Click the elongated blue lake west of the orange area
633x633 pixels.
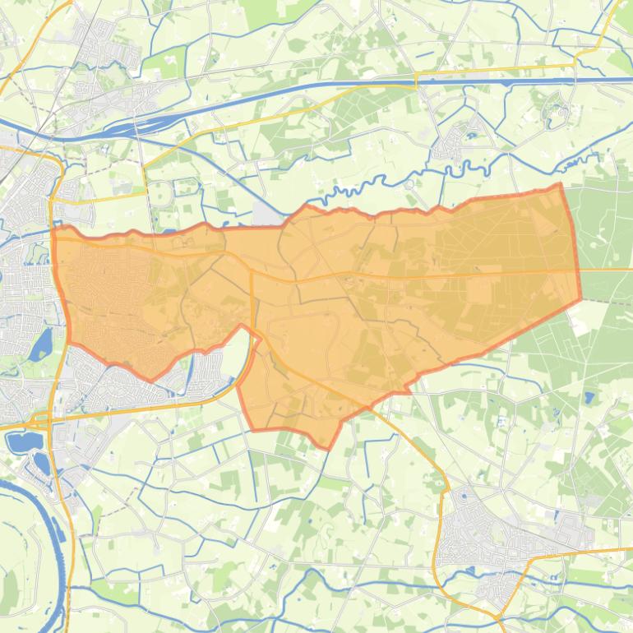tap(39, 344)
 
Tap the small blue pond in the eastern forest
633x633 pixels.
tap(589, 398)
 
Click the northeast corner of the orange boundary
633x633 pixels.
tap(561, 185)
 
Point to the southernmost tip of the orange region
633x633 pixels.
tap(328, 448)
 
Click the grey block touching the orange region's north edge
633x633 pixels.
tap(267, 215)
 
